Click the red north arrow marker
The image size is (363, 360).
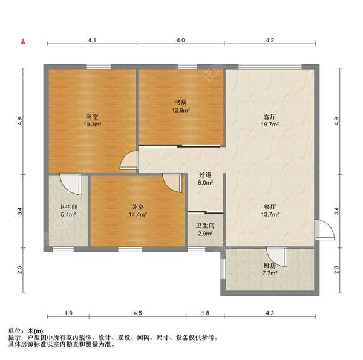23,41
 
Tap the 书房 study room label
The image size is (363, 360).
180,103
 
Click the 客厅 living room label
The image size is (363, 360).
270,116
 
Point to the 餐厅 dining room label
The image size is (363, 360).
270,206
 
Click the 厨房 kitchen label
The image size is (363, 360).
270,266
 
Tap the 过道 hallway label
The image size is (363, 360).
205,175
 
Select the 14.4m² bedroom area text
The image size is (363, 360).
138,215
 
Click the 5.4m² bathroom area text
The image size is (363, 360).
68,215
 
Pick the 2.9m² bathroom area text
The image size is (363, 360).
205,234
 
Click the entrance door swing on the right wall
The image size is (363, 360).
324,230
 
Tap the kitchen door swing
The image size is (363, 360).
277,257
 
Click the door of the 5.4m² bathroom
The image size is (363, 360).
71,185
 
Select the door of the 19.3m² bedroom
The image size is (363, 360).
129,160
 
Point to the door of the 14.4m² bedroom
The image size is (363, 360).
172,183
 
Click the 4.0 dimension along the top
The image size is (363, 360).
181,41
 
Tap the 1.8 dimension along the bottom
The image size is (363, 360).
205,313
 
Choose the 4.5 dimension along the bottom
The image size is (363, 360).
137,313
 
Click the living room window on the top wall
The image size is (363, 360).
270,67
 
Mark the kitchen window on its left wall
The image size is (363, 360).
223,269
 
